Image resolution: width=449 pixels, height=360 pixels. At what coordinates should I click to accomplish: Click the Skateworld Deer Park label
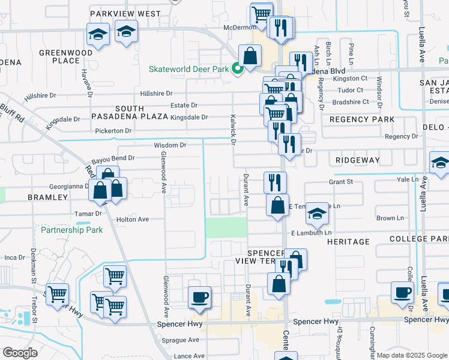tap(189, 69)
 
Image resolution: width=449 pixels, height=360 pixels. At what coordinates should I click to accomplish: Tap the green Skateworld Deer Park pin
tap(237, 69)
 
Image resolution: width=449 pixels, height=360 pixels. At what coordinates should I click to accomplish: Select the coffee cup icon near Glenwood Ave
tap(199, 296)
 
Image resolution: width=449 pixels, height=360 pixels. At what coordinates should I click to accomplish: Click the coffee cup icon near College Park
tap(402, 292)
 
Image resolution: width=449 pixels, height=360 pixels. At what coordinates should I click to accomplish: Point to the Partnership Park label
tap(71, 230)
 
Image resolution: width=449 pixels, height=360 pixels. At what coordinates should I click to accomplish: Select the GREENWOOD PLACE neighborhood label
tap(67, 56)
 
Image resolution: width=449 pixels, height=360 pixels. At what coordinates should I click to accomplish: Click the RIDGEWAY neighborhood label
tap(358, 160)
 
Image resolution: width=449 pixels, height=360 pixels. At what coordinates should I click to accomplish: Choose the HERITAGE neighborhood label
tap(348, 241)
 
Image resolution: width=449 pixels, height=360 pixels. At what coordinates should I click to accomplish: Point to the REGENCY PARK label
tap(362, 119)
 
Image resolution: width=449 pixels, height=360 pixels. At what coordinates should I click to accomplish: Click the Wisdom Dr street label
tap(170, 145)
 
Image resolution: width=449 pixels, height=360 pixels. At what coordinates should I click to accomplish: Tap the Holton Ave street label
tap(132, 220)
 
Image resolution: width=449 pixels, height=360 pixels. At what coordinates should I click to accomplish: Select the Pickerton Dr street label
tap(113, 130)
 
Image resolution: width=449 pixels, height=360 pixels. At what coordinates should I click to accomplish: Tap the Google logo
tap(20, 353)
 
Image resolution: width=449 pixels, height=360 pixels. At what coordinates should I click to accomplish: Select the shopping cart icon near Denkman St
tap(58, 294)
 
